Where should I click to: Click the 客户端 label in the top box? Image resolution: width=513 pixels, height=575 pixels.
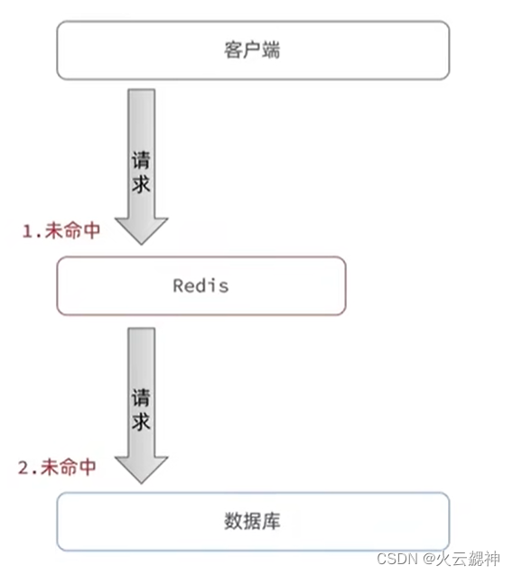coord(252,50)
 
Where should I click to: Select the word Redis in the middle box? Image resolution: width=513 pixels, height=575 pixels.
coord(201,286)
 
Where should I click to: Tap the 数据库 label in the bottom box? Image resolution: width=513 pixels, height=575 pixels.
coord(253,521)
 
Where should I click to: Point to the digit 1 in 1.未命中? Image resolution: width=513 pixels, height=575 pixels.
coord(27,231)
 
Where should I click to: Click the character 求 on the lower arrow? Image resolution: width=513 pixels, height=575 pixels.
coord(141,421)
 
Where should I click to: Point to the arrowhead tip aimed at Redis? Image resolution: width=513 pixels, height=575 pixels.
coord(141,244)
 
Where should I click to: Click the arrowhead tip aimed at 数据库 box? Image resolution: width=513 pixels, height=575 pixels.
coord(141,482)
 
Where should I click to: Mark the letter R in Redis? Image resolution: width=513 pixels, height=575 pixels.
coord(178,286)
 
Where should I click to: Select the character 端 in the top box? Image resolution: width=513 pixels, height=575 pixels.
coord(272,50)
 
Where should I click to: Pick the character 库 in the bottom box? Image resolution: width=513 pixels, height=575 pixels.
coord(273,521)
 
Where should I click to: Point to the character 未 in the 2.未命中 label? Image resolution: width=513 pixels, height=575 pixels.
coord(49,468)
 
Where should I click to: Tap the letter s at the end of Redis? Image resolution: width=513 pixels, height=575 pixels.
coord(223,286)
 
